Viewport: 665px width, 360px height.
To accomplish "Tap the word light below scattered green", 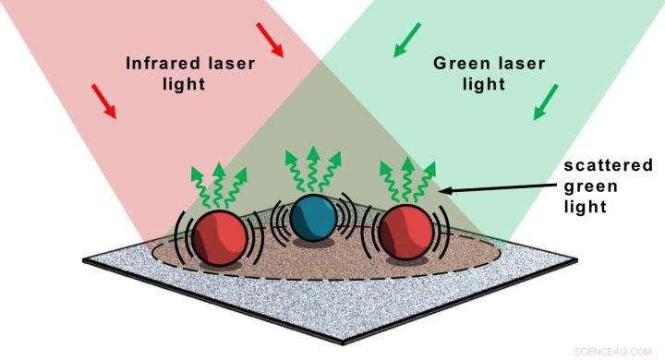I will point(586,207).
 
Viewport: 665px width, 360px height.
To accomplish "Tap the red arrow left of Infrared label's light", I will point(104,101).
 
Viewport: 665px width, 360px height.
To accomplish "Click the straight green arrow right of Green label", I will point(546,102).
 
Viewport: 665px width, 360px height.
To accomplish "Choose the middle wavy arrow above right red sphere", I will point(406,180).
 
